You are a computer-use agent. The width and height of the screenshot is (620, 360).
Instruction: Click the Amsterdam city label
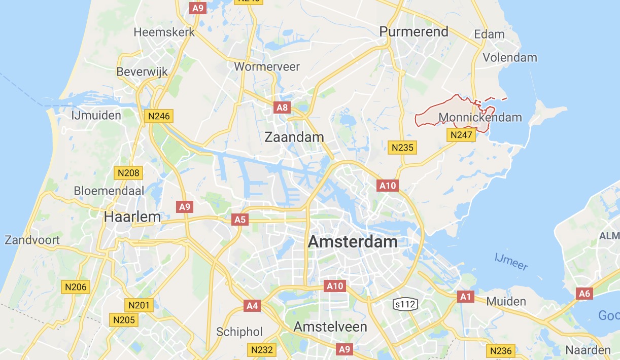pos(353,241)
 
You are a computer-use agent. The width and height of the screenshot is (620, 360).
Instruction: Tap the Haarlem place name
pos(132,217)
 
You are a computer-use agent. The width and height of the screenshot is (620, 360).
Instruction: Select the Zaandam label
pos(294,137)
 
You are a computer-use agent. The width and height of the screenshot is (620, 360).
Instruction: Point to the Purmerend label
pos(414,31)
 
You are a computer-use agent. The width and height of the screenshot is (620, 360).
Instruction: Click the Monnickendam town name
pos(480,118)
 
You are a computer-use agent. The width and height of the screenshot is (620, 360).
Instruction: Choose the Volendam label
pos(509,57)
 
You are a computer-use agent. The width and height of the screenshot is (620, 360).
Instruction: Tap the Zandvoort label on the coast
pos(32,239)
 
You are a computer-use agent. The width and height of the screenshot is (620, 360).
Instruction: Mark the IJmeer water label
pos(511,262)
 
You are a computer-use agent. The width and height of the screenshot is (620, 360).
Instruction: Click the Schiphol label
pos(239,332)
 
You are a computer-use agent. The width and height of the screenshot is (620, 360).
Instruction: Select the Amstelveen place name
pos(330,326)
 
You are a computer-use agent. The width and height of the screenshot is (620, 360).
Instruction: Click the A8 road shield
pos(282,107)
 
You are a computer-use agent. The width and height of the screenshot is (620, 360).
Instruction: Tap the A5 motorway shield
pos(239,220)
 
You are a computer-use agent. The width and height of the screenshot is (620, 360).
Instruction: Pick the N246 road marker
pos(159,116)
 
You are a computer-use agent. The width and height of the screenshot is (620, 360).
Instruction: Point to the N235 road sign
pos(402,148)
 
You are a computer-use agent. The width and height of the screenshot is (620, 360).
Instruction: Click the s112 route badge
pos(405,304)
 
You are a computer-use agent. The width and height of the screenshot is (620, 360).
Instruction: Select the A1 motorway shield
pos(465,296)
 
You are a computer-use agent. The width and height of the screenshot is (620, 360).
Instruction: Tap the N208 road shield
pos(128,173)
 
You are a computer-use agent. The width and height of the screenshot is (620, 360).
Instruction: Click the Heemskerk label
pos(164,32)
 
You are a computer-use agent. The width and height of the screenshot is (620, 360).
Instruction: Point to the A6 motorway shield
pos(584,293)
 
